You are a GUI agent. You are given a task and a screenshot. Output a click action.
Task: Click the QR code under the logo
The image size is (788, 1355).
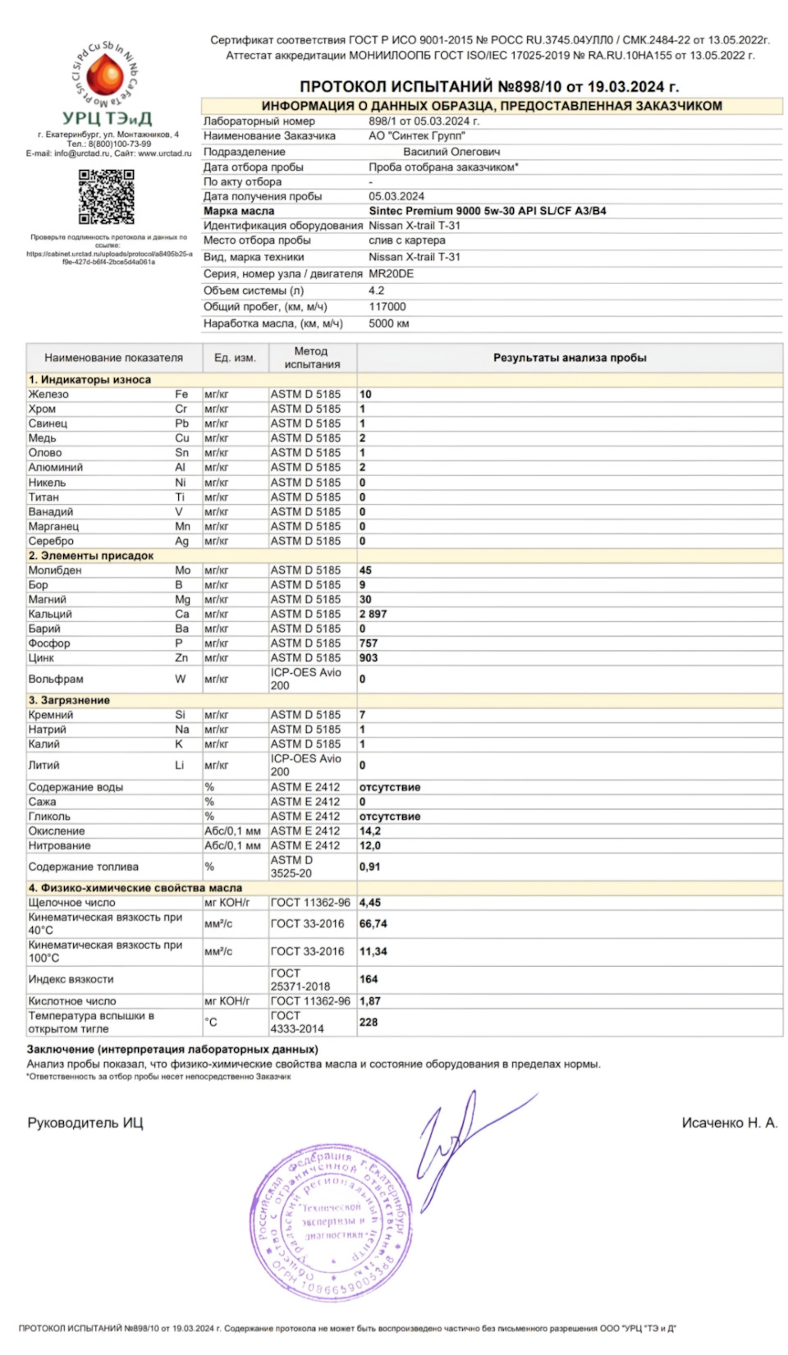click(106, 197)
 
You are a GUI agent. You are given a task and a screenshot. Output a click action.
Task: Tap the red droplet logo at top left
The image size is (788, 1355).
click(105, 76)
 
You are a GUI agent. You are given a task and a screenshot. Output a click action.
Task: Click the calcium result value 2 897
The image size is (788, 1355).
click(373, 614)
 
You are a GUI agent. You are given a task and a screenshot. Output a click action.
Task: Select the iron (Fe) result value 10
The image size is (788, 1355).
click(365, 394)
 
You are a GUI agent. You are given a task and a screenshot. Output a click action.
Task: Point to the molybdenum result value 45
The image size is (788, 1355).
click(365, 570)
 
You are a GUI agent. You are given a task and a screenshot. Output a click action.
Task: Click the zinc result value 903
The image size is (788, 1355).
click(369, 657)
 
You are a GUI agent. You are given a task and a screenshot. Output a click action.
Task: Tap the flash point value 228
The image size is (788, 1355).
click(369, 1022)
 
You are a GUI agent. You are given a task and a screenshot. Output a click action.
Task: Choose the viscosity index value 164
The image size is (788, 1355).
click(369, 979)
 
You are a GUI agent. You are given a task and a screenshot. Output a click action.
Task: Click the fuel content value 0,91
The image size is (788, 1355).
click(369, 867)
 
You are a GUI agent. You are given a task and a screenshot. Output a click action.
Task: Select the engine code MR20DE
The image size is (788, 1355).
click(391, 273)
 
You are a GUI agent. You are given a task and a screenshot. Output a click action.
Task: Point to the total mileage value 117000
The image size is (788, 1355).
click(387, 306)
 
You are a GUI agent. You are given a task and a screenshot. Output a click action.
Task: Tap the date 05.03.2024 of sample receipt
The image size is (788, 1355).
click(396, 196)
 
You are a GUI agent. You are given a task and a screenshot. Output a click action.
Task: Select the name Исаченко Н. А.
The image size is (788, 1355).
click(729, 1123)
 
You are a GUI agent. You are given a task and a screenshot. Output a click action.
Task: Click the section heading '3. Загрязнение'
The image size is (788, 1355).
click(69, 700)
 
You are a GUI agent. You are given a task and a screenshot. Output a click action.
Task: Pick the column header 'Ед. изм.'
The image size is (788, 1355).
click(235, 358)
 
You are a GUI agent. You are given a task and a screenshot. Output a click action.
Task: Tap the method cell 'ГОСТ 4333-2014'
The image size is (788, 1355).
click(297, 1022)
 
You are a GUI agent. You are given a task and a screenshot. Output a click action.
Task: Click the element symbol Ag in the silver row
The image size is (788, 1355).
click(181, 541)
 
